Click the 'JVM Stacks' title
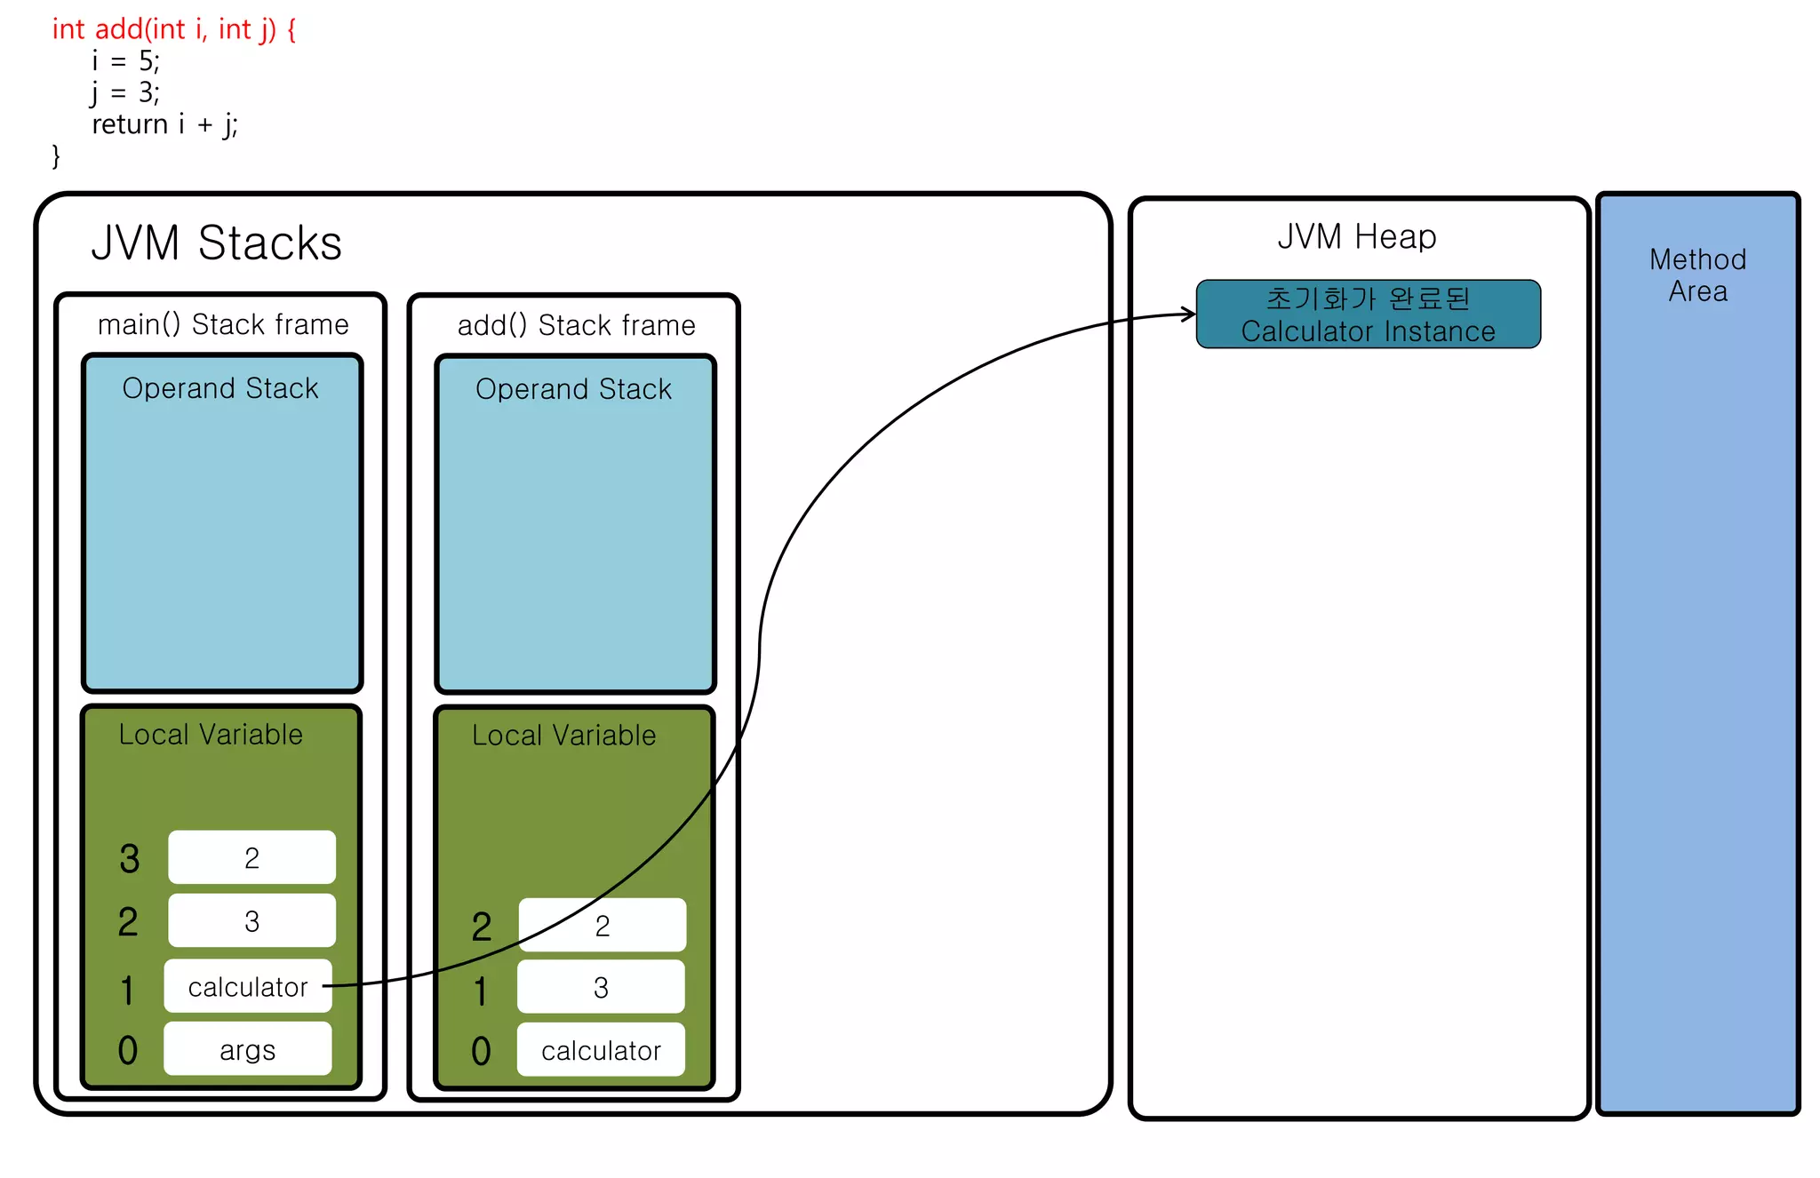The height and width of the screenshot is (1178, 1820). click(216, 243)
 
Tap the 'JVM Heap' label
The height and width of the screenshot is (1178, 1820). click(1356, 237)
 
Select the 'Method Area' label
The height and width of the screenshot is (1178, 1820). click(1697, 275)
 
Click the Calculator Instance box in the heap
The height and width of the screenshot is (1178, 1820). click(1368, 314)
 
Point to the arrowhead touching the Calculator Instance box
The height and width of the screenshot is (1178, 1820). click(1189, 314)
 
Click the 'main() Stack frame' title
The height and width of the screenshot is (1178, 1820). click(223, 325)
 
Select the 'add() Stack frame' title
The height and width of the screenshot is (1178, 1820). click(576, 326)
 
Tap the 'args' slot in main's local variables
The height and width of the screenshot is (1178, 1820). click(248, 1050)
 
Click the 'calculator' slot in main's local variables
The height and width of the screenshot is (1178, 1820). click(248, 987)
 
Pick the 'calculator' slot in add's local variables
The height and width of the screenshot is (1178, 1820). click(601, 1051)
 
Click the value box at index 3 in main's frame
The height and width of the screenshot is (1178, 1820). click(251, 858)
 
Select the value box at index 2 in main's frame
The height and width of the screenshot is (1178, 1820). click(251, 921)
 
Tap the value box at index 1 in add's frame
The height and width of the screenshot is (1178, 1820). click(601, 988)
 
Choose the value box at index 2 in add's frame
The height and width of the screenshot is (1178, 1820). click(603, 926)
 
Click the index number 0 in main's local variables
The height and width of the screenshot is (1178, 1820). click(128, 1050)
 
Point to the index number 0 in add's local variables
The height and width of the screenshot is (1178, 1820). click(481, 1051)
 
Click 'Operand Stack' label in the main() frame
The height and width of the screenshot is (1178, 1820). click(220, 388)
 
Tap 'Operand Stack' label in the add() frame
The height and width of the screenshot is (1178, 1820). click(573, 389)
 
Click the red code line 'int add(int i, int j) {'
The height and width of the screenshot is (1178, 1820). click(174, 29)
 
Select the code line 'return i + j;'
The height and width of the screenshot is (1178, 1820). click(165, 124)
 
